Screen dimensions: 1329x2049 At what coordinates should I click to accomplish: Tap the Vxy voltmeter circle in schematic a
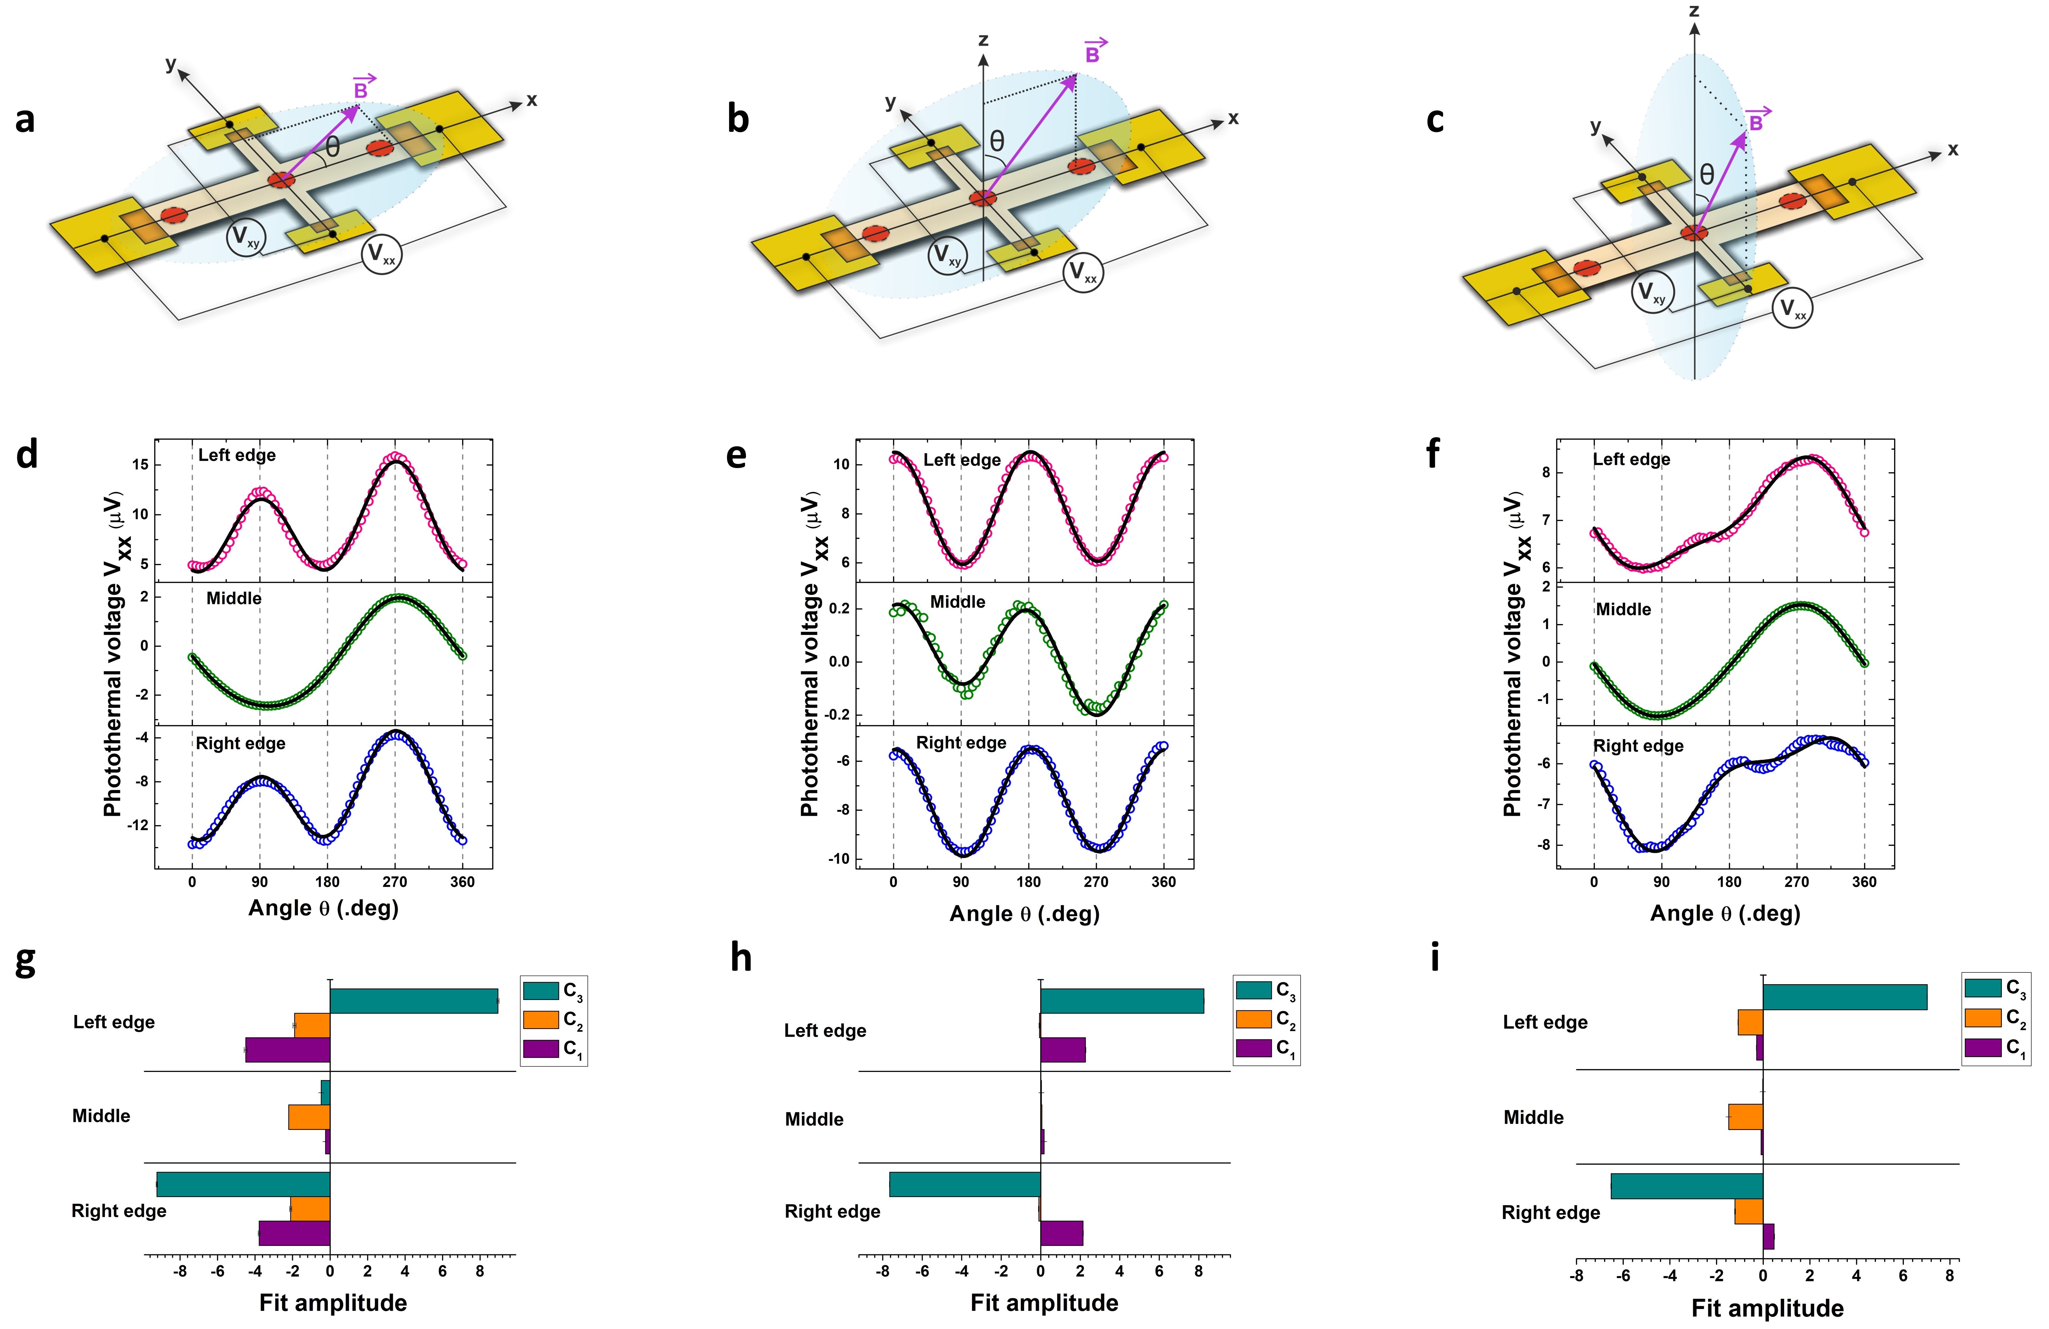click(246, 238)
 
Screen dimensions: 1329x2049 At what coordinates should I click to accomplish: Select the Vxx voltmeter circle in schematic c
click(1792, 308)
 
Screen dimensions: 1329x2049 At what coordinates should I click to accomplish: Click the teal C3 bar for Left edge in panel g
click(413, 1001)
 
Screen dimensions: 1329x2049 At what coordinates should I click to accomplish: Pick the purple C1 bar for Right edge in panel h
click(1062, 1233)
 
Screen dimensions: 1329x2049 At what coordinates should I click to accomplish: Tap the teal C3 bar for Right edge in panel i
click(1687, 1186)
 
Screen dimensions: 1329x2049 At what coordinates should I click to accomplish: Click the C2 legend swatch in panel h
click(1254, 1019)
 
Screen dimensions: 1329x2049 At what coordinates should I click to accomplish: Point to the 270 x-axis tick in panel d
click(394, 882)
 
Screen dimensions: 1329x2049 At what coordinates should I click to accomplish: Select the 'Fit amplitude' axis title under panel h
click(1044, 1302)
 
